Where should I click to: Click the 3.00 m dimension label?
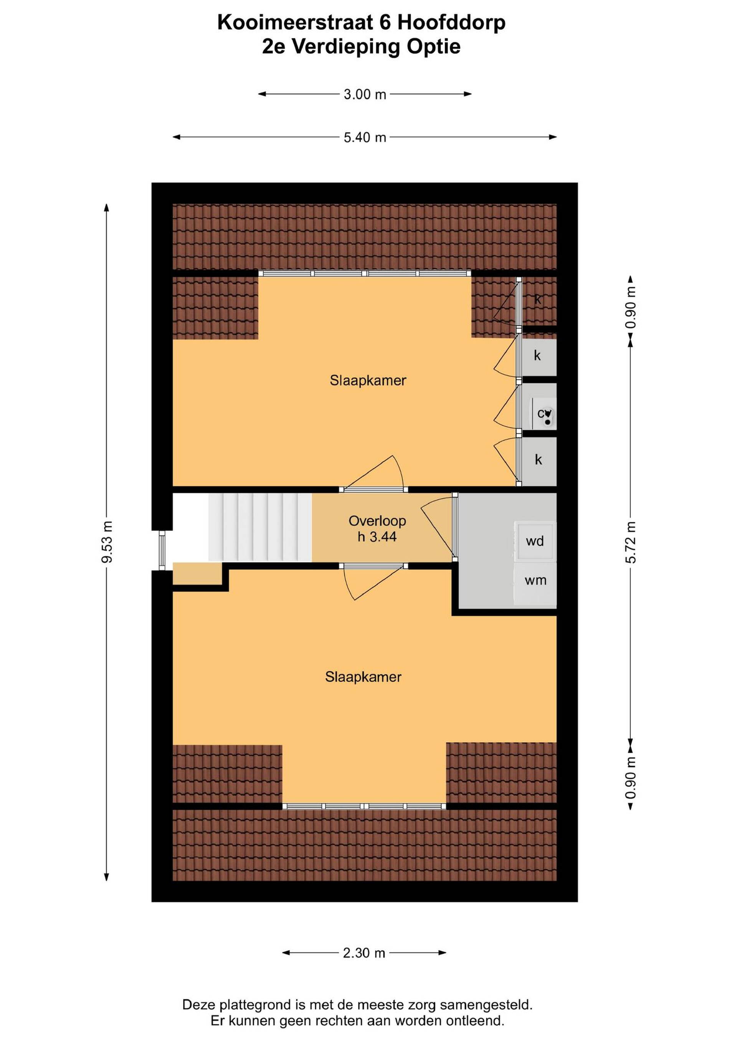pos(365,94)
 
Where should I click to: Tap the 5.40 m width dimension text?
pos(365,137)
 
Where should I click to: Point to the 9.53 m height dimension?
pos(107,542)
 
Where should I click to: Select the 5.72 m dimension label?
pos(630,542)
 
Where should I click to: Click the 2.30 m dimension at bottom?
pos(364,952)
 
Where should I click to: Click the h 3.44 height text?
pos(377,537)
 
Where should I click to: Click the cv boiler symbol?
pos(544,413)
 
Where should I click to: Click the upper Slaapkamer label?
pos(368,380)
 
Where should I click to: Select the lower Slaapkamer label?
pos(363,677)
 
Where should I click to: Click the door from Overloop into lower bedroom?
pos(374,582)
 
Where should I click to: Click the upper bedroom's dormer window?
pos(365,273)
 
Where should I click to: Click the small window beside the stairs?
pos(162,550)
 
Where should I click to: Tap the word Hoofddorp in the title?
pos(451,22)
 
